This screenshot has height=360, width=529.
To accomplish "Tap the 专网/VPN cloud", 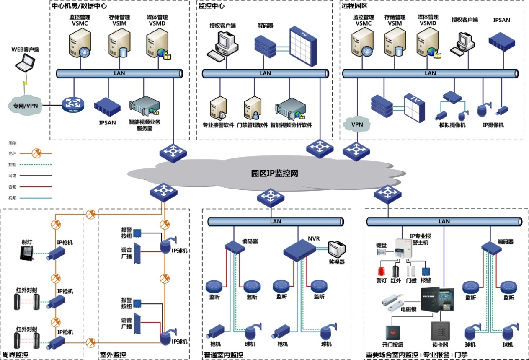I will pyautogui.click(x=26, y=105).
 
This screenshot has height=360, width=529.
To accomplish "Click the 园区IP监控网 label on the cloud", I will pyautogui.click(x=274, y=173).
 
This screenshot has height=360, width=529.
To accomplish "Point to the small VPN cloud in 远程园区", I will pyautogui.click(x=357, y=124).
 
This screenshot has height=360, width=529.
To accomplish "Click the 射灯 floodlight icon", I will pyautogui.click(x=27, y=253).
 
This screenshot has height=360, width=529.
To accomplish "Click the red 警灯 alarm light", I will pyautogui.click(x=381, y=271).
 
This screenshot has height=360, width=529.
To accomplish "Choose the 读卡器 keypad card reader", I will pyautogui.click(x=440, y=331).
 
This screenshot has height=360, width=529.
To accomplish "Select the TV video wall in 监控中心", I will pyautogui.click(x=303, y=46).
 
